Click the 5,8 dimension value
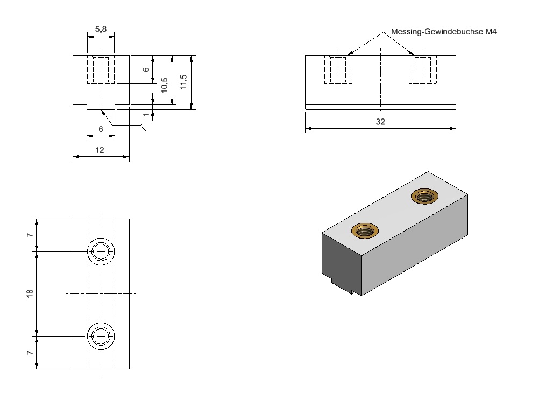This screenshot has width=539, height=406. click(101, 29)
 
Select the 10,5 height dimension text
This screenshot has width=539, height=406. click(164, 85)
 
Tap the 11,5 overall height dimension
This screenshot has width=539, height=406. click(183, 82)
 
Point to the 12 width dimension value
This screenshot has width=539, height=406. click(100, 150)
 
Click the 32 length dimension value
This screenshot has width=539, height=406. click(380, 122)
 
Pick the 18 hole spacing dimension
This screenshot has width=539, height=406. click(30, 293)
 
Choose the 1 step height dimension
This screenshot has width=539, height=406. click(146, 115)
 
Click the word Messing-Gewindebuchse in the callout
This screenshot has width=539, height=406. click(437, 32)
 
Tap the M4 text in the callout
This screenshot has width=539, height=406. click(491, 32)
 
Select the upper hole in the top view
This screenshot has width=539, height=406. click(101, 238)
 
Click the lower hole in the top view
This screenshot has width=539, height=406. click(101, 323)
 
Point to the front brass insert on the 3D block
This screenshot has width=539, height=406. click(365, 230)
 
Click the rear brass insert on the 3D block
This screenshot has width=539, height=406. click(424, 197)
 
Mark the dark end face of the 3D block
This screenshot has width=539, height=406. click(342, 262)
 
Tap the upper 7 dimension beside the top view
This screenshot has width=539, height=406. click(30, 235)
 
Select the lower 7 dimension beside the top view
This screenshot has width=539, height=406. click(30, 353)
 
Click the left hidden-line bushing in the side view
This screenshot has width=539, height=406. click(338, 70)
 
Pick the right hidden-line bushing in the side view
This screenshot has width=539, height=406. click(423, 70)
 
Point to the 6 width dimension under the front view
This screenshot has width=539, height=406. click(101, 129)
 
